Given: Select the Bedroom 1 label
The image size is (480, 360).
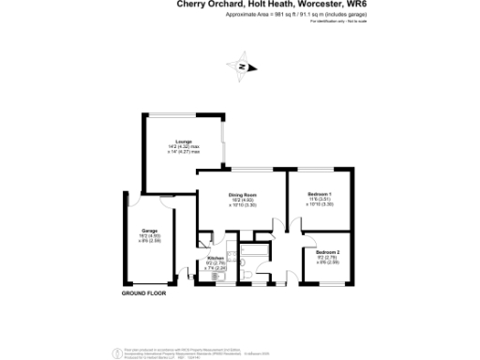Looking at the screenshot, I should (322, 194).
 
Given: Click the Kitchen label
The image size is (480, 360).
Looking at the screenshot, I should (215, 257).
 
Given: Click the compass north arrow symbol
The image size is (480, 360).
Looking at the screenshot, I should (242, 67).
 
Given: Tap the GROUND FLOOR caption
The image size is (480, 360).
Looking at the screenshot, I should (144, 293).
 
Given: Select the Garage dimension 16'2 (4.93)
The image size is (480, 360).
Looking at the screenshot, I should (150, 235).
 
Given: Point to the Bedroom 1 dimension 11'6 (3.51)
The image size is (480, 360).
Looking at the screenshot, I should (322, 200).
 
